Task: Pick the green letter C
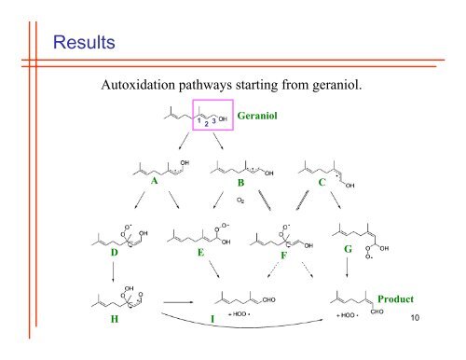pos(321,184)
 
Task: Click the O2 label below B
pos(241,199)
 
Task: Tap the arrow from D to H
pos(114,275)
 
